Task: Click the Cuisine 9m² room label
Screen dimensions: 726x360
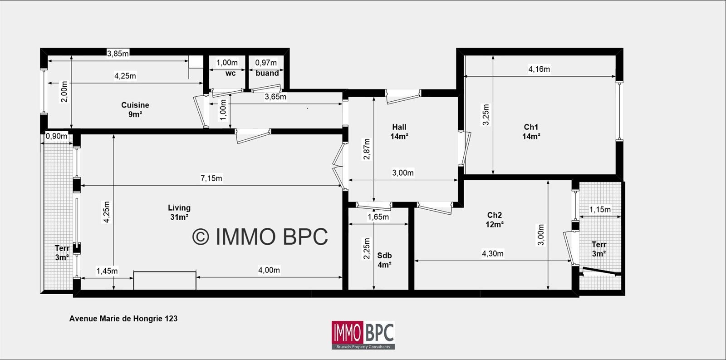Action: pyautogui.click(x=135, y=109)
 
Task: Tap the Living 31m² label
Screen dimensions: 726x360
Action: pyautogui.click(x=179, y=212)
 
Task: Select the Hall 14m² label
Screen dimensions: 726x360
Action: pyautogui.click(x=399, y=132)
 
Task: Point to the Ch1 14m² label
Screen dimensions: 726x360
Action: pyautogui.click(x=531, y=132)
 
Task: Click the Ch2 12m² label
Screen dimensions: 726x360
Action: pyautogui.click(x=495, y=220)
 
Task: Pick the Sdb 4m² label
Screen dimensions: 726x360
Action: pyautogui.click(x=384, y=260)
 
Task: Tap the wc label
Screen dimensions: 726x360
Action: pyautogui.click(x=231, y=73)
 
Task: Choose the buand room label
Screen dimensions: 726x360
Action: pyautogui.click(x=267, y=73)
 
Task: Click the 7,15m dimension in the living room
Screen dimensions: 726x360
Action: pyautogui.click(x=211, y=178)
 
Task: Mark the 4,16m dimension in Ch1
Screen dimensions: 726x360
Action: pyautogui.click(x=539, y=69)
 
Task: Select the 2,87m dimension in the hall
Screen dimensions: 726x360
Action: pyautogui.click(x=367, y=149)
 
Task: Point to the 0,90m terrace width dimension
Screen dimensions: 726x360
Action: pyautogui.click(x=56, y=136)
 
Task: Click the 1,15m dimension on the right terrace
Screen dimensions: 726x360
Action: pyautogui.click(x=600, y=210)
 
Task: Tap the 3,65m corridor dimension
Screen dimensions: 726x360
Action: pyautogui.click(x=275, y=97)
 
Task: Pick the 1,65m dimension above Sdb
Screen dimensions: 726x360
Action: pyautogui.click(x=378, y=217)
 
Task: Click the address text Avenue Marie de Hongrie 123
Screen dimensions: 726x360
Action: pyautogui.click(x=123, y=319)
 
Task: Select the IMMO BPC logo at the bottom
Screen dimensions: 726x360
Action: pyautogui.click(x=363, y=335)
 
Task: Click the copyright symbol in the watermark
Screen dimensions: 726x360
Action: pyautogui.click(x=201, y=237)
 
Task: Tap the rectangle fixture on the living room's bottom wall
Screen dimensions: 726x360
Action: pyautogui.click(x=165, y=281)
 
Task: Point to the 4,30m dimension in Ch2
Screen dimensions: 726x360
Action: pyautogui.click(x=493, y=254)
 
